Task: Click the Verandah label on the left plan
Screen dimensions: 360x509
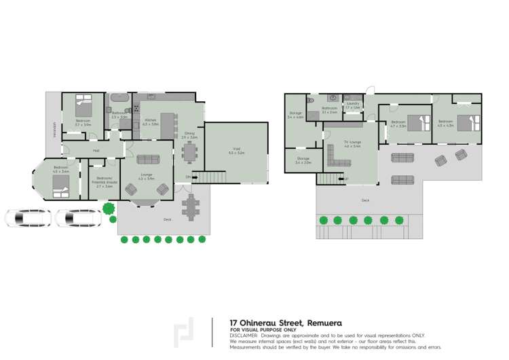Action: click(55, 129)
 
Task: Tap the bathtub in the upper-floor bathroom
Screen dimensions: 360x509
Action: click(117, 96)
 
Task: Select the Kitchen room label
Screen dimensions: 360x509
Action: click(151, 122)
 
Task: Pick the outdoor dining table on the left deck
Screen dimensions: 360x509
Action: click(193, 205)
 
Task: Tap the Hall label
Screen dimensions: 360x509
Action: click(96, 150)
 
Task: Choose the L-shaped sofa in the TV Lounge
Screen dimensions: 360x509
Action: click(339, 160)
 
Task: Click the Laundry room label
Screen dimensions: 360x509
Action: click(352, 105)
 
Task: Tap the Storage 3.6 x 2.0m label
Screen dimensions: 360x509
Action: click(303, 162)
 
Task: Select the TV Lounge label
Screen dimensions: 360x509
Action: click(352, 144)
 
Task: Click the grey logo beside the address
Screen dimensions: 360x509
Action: click(184, 333)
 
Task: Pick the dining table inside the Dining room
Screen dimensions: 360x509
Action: click(188, 154)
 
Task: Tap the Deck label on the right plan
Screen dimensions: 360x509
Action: click(365, 200)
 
